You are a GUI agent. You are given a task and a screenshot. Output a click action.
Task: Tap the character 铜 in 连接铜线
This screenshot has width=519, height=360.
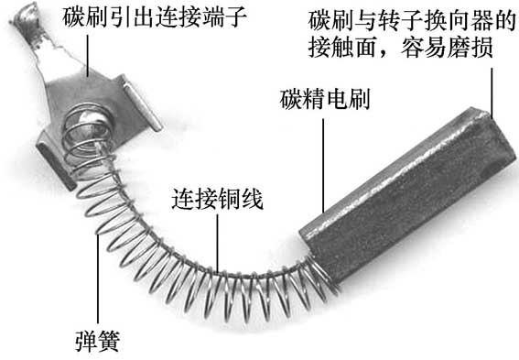231,199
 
